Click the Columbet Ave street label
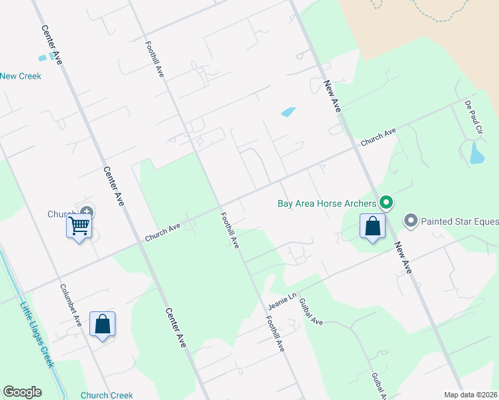tap(71, 305)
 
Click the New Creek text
tap(21, 76)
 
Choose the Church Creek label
tap(107, 395)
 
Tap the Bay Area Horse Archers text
tap(326, 203)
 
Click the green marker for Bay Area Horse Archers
tap(385, 203)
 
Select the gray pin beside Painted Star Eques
tap(410, 220)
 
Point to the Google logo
tap(22, 392)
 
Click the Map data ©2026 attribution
tap(470, 395)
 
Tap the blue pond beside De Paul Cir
tap(477, 154)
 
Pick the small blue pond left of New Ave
tap(289, 112)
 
